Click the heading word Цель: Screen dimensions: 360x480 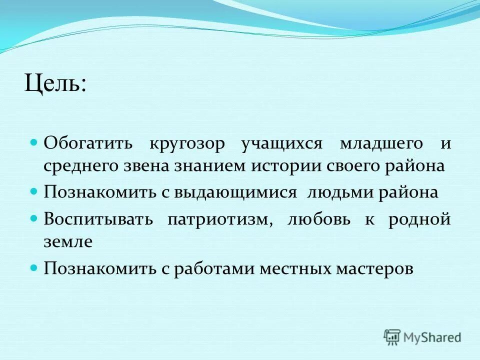pyautogui.click(x=55, y=82)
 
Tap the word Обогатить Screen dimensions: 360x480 pyautogui.click(x=88, y=143)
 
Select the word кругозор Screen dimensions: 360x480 pyautogui.click(x=187, y=143)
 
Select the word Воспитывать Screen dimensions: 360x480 pyautogui.click(x=98, y=219)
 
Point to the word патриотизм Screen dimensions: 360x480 pyautogui.click(x=220, y=219)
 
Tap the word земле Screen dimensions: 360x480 pyautogui.click(x=68, y=242)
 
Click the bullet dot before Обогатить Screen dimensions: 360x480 pyautogui.click(x=34, y=142)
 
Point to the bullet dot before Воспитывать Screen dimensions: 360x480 pyautogui.click(x=34, y=218)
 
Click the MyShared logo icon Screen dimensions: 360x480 pyautogui.click(x=392, y=336)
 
